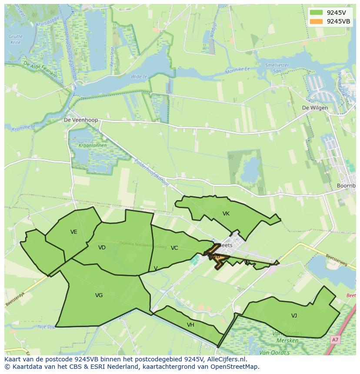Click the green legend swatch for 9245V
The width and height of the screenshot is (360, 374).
click(x=317, y=13)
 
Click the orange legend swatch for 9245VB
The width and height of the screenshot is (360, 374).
click(x=317, y=21)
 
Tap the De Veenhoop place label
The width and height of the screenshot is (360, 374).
click(x=81, y=120)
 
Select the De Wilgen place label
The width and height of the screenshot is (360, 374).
click(x=315, y=108)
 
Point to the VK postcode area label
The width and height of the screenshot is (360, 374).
click(x=226, y=214)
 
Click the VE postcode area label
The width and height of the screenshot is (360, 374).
click(x=74, y=232)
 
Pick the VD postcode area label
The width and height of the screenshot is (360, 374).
click(x=102, y=248)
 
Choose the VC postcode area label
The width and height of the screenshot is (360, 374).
click(x=174, y=248)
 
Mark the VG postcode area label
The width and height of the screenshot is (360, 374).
click(x=99, y=295)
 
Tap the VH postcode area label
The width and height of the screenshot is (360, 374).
click(x=190, y=325)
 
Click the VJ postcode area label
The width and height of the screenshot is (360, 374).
click(x=294, y=316)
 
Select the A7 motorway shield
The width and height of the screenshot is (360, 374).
click(x=334, y=340)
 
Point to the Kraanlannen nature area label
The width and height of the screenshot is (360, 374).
click(x=90, y=146)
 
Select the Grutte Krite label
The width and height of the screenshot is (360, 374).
click(x=16, y=39)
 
